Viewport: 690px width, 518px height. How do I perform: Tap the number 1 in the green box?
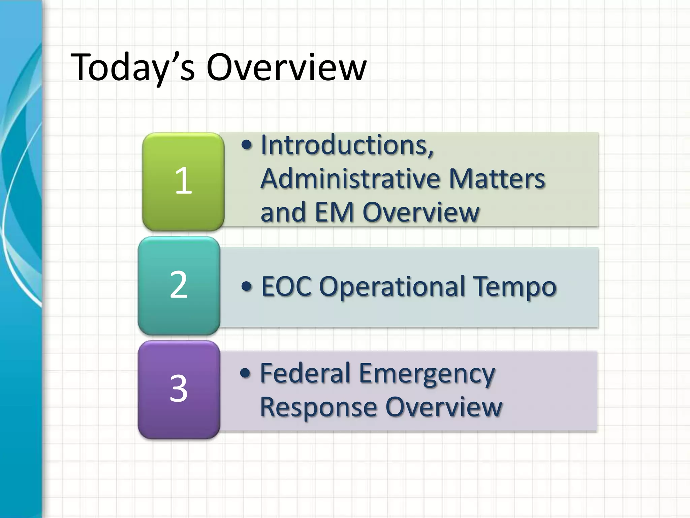pyautogui.click(x=184, y=181)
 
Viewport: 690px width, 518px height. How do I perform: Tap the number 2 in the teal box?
pyautogui.click(x=179, y=285)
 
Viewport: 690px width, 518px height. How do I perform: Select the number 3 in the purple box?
pyautogui.click(x=179, y=388)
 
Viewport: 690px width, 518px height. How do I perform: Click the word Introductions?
pyautogui.click(x=347, y=145)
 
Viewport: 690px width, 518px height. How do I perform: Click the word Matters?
pyautogui.click(x=497, y=179)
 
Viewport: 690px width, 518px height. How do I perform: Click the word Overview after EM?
pyautogui.click(x=421, y=212)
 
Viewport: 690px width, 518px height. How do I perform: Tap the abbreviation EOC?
pyautogui.click(x=286, y=287)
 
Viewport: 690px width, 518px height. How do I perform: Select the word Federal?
pyautogui.click(x=305, y=374)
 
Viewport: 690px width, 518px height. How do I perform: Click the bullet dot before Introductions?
pyautogui.click(x=247, y=145)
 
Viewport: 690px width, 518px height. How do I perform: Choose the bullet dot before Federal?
pyautogui.click(x=246, y=373)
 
